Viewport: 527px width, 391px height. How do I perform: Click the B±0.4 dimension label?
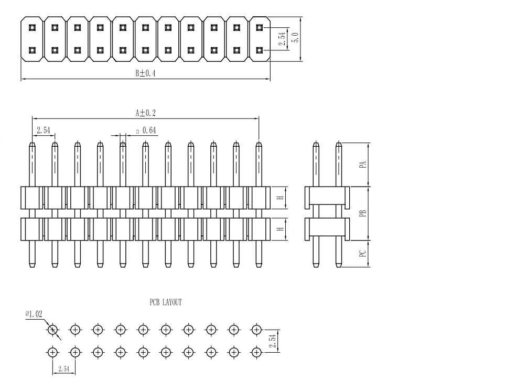click(145, 74)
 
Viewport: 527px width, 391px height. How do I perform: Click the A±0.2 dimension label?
click(145, 112)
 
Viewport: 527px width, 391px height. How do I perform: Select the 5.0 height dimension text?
click(295, 38)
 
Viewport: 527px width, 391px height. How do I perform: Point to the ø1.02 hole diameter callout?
click(34, 314)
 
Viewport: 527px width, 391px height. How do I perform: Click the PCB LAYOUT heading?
click(165, 302)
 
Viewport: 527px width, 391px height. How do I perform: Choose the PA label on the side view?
click(362, 165)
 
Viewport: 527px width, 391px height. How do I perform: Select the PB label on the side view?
click(362, 213)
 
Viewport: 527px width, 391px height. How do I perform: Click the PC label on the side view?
click(362, 254)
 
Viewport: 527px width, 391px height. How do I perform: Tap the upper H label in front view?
click(281, 198)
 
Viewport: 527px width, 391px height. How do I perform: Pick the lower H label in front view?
click(281, 229)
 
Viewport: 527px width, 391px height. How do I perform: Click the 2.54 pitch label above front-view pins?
click(42, 129)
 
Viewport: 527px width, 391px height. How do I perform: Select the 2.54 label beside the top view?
click(282, 39)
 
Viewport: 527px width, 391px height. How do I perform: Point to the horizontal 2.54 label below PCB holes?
click(63, 369)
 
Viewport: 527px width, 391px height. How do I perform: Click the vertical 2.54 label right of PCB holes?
click(272, 341)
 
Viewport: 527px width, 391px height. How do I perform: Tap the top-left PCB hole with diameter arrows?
click(52, 330)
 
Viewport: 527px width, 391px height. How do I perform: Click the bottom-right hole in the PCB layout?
click(256, 352)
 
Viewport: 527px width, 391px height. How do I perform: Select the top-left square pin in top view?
click(32, 27)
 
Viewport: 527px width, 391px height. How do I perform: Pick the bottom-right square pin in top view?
click(259, 50)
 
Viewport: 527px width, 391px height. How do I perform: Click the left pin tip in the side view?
click(316, 145)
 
